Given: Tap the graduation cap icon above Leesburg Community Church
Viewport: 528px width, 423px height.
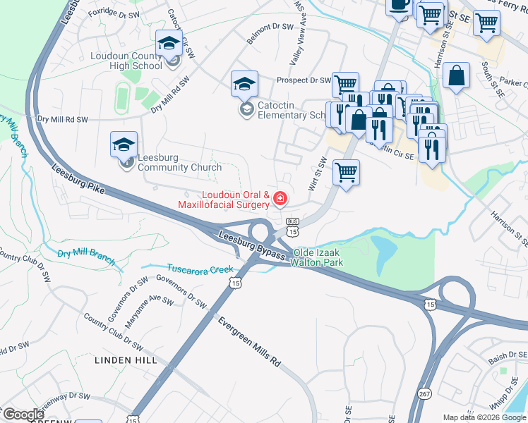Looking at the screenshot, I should tap(124, 145).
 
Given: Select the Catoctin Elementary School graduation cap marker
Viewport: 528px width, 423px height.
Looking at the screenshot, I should tap(244, 84).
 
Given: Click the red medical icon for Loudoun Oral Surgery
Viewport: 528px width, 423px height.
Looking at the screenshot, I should tap(280, 200).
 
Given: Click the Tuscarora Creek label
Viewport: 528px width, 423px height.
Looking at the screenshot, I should tap(200, 269).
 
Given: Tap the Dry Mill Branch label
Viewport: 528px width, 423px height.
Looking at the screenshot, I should tap(86, 255).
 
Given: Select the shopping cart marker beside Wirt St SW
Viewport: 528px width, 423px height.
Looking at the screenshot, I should tap(346, 172).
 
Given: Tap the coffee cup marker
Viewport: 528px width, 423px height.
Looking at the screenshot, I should tap(399, 6).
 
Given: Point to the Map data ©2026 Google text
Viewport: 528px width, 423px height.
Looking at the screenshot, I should tap(484, 417).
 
